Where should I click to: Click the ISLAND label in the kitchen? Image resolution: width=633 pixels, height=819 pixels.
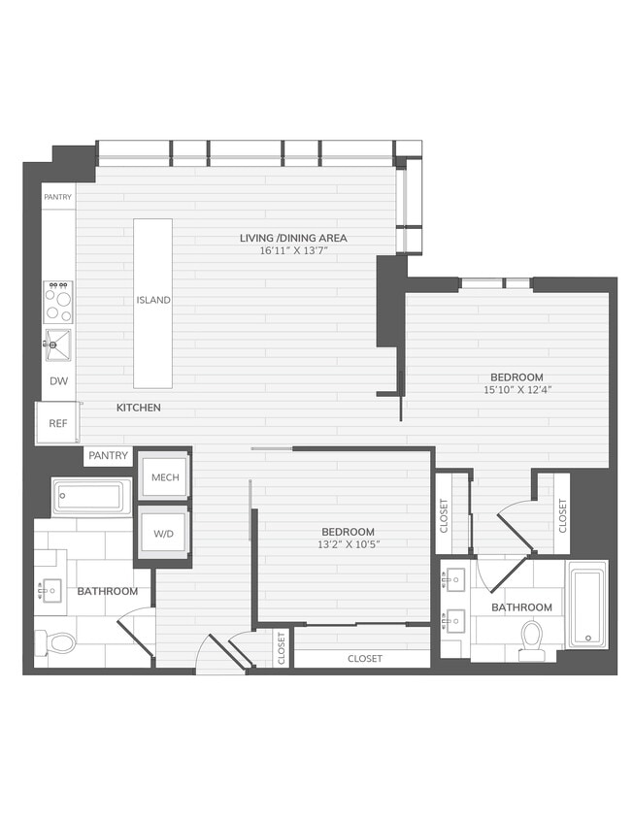point(153,300)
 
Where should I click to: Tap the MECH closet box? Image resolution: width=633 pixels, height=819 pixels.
point(164,477)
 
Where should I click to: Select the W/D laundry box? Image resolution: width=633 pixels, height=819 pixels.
point(163,532)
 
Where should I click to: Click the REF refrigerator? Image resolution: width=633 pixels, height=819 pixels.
point(58,423)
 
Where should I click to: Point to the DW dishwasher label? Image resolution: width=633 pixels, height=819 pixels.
point(58,381)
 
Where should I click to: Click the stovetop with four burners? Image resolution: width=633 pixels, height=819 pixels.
point(58,301)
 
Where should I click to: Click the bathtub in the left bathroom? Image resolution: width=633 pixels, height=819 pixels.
point(91,498)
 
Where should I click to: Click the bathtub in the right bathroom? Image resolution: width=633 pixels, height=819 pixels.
point(586,606)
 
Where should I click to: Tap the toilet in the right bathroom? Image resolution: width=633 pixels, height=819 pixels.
point(532,639)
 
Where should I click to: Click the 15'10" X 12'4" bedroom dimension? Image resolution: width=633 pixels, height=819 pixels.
point(516,390)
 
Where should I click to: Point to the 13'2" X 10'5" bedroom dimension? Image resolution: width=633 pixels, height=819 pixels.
point(348,544)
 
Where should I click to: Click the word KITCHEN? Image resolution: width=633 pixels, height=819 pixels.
point(139,408)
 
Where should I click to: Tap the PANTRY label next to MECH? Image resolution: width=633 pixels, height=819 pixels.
point(108,455)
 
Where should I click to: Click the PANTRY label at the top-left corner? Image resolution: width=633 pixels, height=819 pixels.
point(57,197)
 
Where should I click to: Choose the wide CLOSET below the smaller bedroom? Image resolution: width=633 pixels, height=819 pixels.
point(364,659)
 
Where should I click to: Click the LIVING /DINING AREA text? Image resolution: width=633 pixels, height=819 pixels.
point(293,238)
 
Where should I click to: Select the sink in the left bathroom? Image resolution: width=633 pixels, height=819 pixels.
point(49,589)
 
